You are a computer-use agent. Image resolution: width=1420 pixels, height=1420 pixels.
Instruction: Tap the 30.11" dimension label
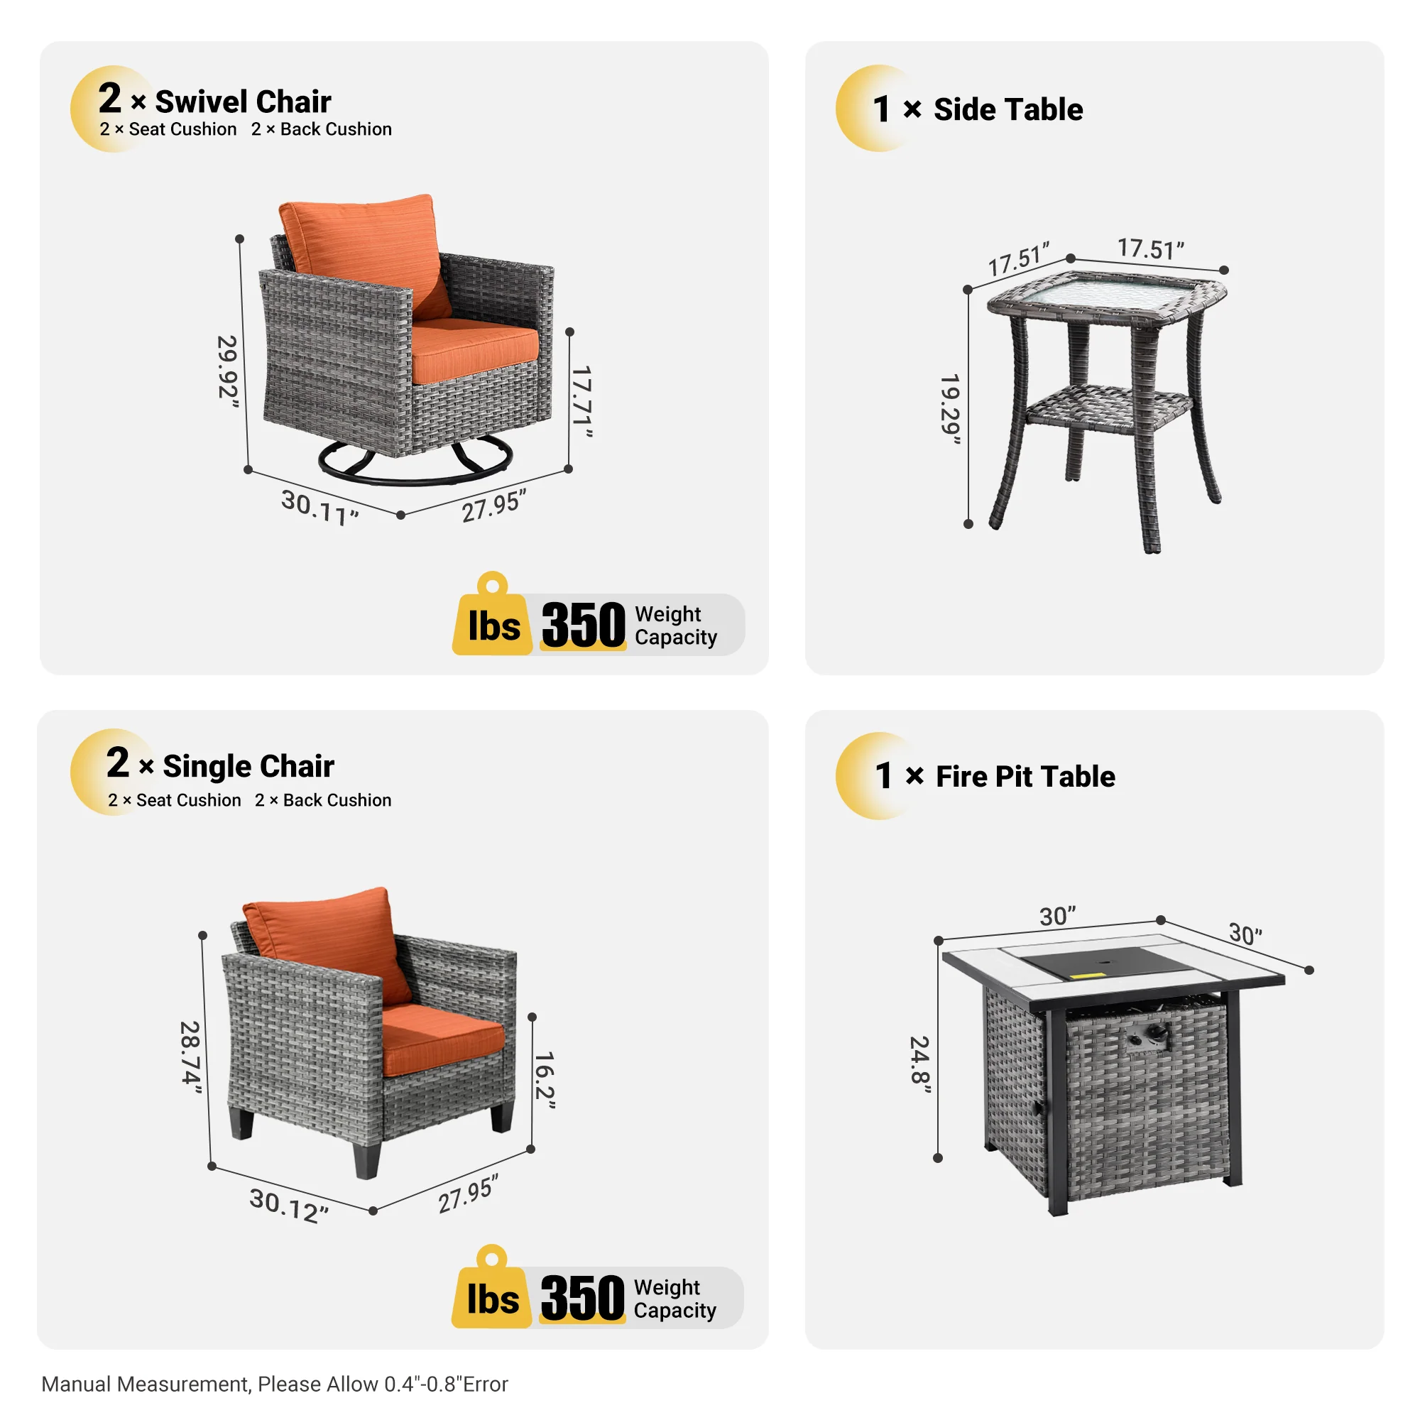coord(319,507)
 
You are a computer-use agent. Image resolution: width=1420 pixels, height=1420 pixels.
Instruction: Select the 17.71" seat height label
coord(582,401)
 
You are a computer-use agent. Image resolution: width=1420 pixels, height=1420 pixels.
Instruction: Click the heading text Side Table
coord(1007,109)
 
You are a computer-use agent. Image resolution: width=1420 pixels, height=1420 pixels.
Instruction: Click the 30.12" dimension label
coord(288,1206)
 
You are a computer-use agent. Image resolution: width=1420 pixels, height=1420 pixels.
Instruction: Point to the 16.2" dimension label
coord(545,1079)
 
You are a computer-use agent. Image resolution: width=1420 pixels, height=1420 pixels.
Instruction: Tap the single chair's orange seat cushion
coord(441,1037)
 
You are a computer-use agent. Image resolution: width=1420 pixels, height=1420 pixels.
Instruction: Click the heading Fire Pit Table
coord(1025,777)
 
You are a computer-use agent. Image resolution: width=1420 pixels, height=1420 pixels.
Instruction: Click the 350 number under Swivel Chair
coord(583,626)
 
